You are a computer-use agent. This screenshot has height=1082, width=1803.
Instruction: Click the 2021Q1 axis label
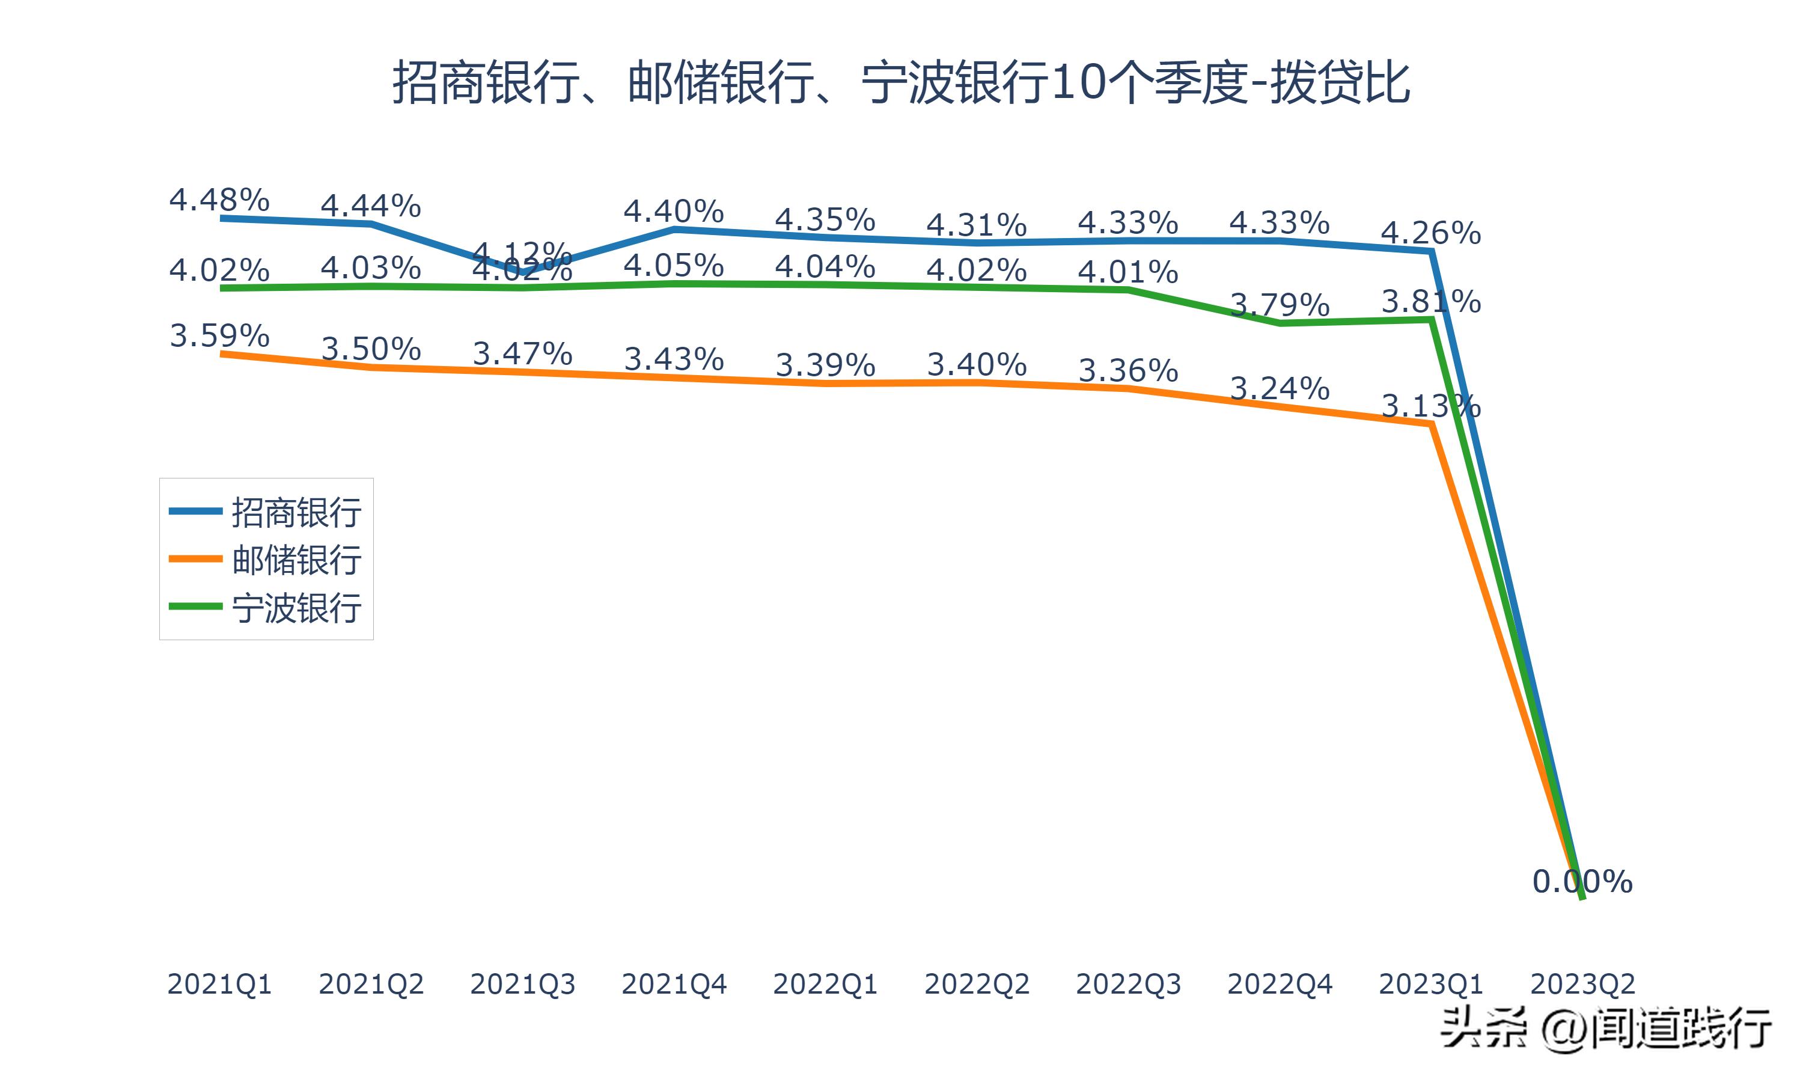point(219,984)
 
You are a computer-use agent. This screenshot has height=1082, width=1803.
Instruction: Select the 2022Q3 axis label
point(1127,984)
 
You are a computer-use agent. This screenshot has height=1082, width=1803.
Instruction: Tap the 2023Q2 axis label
point(1582,984)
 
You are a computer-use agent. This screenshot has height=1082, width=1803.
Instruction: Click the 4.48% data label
point(219,199)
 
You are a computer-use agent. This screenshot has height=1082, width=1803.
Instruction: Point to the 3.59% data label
point(219,335)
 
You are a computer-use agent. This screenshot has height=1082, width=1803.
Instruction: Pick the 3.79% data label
point(1279,305)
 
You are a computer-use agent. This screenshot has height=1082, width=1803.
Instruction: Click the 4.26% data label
point(1430,233)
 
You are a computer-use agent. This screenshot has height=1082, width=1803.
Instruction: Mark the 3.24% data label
point(1279,388)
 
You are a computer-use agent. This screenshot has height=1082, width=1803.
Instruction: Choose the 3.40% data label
point(977,364)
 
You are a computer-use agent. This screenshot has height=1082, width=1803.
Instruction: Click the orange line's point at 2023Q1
point(1432,424)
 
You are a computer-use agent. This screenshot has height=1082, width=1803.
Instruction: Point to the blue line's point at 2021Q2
point(371,224)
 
